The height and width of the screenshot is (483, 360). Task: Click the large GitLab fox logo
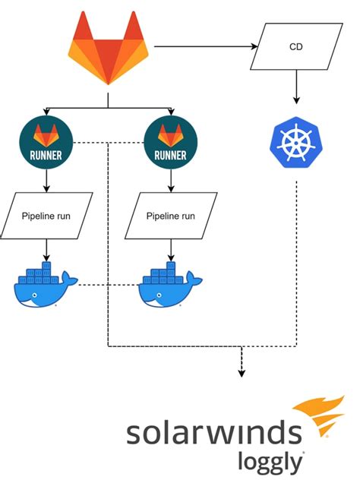(108, 50)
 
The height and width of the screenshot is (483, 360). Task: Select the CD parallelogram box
(296, 47)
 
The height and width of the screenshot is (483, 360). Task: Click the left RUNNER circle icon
(47, 144)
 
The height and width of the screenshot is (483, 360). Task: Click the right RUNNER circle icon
(170, 144)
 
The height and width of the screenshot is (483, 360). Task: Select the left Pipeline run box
(47, 216)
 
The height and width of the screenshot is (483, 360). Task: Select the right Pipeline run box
(170, 216)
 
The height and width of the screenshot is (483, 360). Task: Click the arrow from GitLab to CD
(205, 47)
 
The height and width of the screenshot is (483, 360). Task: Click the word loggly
(270, 461)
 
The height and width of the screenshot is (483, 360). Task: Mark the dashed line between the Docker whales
(106, 286)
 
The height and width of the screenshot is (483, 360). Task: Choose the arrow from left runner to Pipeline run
(47, 178)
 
